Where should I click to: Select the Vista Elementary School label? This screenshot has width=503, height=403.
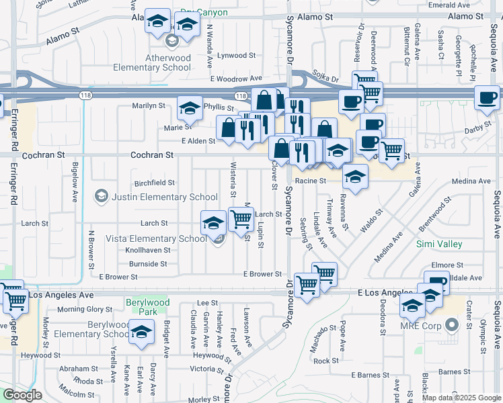point(155,238)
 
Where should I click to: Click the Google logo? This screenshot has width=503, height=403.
point(23,395)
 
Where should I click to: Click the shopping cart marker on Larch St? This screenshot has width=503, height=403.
point(241,218)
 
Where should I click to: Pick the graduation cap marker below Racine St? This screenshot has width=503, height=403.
point(355,177)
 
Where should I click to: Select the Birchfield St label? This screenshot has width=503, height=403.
point(155,182)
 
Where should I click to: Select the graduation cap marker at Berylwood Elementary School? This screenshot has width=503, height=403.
point(142,333)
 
